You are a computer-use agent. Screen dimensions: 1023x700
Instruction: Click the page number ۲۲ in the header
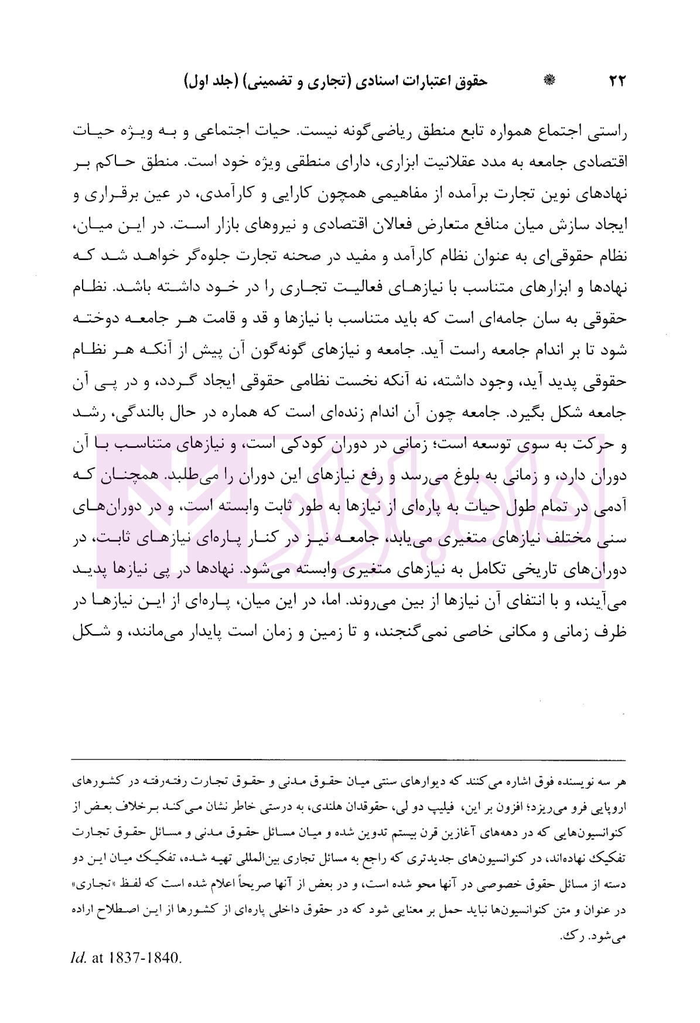click(616, 82)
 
